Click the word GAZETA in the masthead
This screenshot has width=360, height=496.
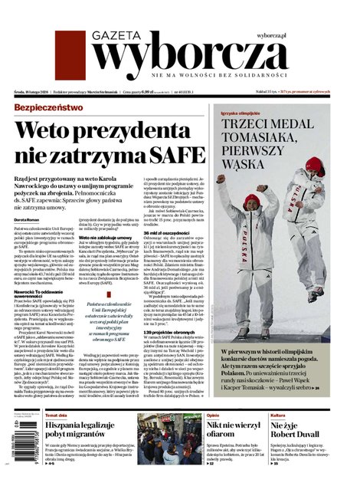coord(118,35)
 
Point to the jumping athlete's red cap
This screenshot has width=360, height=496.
coord(314,165)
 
